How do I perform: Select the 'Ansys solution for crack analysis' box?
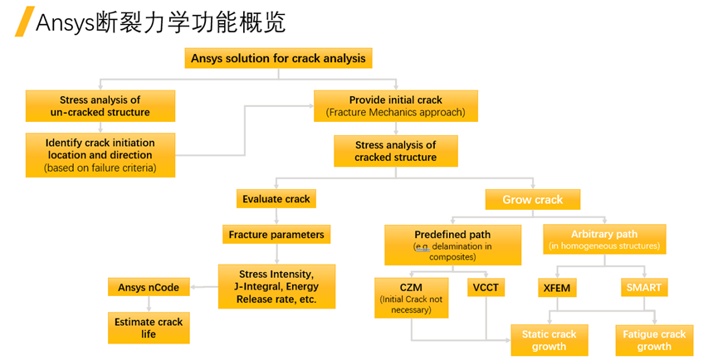(277, 58)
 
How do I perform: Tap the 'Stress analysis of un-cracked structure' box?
(100, 106)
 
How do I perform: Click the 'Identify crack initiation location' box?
(100, 155)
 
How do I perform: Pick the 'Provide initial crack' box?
(395, 106)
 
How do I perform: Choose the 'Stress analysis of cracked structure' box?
(395, 151)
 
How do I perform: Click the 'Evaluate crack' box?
(276, 199)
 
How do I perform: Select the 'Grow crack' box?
(532, 200)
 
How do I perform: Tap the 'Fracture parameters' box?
(276, 235)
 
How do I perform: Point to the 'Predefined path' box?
(452, 245)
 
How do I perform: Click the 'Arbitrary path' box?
(603, 240)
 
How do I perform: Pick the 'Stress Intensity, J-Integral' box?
(276, 286)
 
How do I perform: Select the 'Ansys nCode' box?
(149, 288)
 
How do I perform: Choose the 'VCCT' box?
(486, 288)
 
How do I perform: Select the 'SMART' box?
(644, 288)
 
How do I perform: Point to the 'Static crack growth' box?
(549, 340)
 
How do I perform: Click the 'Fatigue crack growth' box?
(654, 340)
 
